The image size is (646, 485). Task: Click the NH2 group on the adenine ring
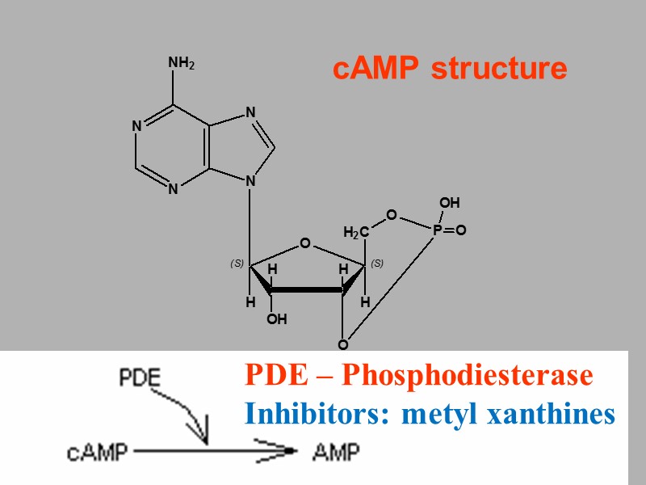pos(181,63)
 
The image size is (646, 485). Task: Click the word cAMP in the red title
pos(376,70)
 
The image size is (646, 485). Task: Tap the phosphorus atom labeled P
pos(437,231)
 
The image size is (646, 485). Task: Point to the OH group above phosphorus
pos(449,202)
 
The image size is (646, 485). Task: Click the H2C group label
pos(356,234)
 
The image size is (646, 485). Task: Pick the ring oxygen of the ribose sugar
pos(304,242)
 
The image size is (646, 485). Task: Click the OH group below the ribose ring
pos(277,319)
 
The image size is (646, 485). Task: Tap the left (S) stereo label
pos(237,264)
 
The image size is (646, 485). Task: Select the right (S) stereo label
pos(377,263)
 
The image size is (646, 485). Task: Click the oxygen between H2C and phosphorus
pos(392,214)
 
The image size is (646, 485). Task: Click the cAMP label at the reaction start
pos(97,452)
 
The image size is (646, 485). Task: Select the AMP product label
pos(335,452)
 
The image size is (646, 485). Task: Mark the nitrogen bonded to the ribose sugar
pos(250,182)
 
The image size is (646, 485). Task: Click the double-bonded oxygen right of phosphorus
pos(461,231)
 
